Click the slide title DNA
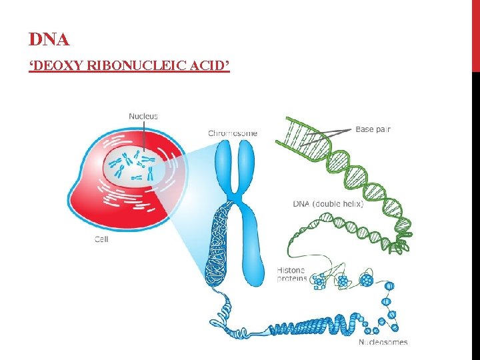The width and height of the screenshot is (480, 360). tap(49, 40)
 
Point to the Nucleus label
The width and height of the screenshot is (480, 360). tap(143, 116)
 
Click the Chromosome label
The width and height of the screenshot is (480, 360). tap(233, 133)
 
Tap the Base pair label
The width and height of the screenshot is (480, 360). tap(373, 129)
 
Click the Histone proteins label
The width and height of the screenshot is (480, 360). tap(291, 274)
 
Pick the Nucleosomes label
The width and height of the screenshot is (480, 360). tap(383, 343)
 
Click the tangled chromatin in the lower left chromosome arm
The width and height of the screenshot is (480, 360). tap(219, 247)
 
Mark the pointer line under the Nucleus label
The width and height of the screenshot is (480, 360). tap(143, 137)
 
